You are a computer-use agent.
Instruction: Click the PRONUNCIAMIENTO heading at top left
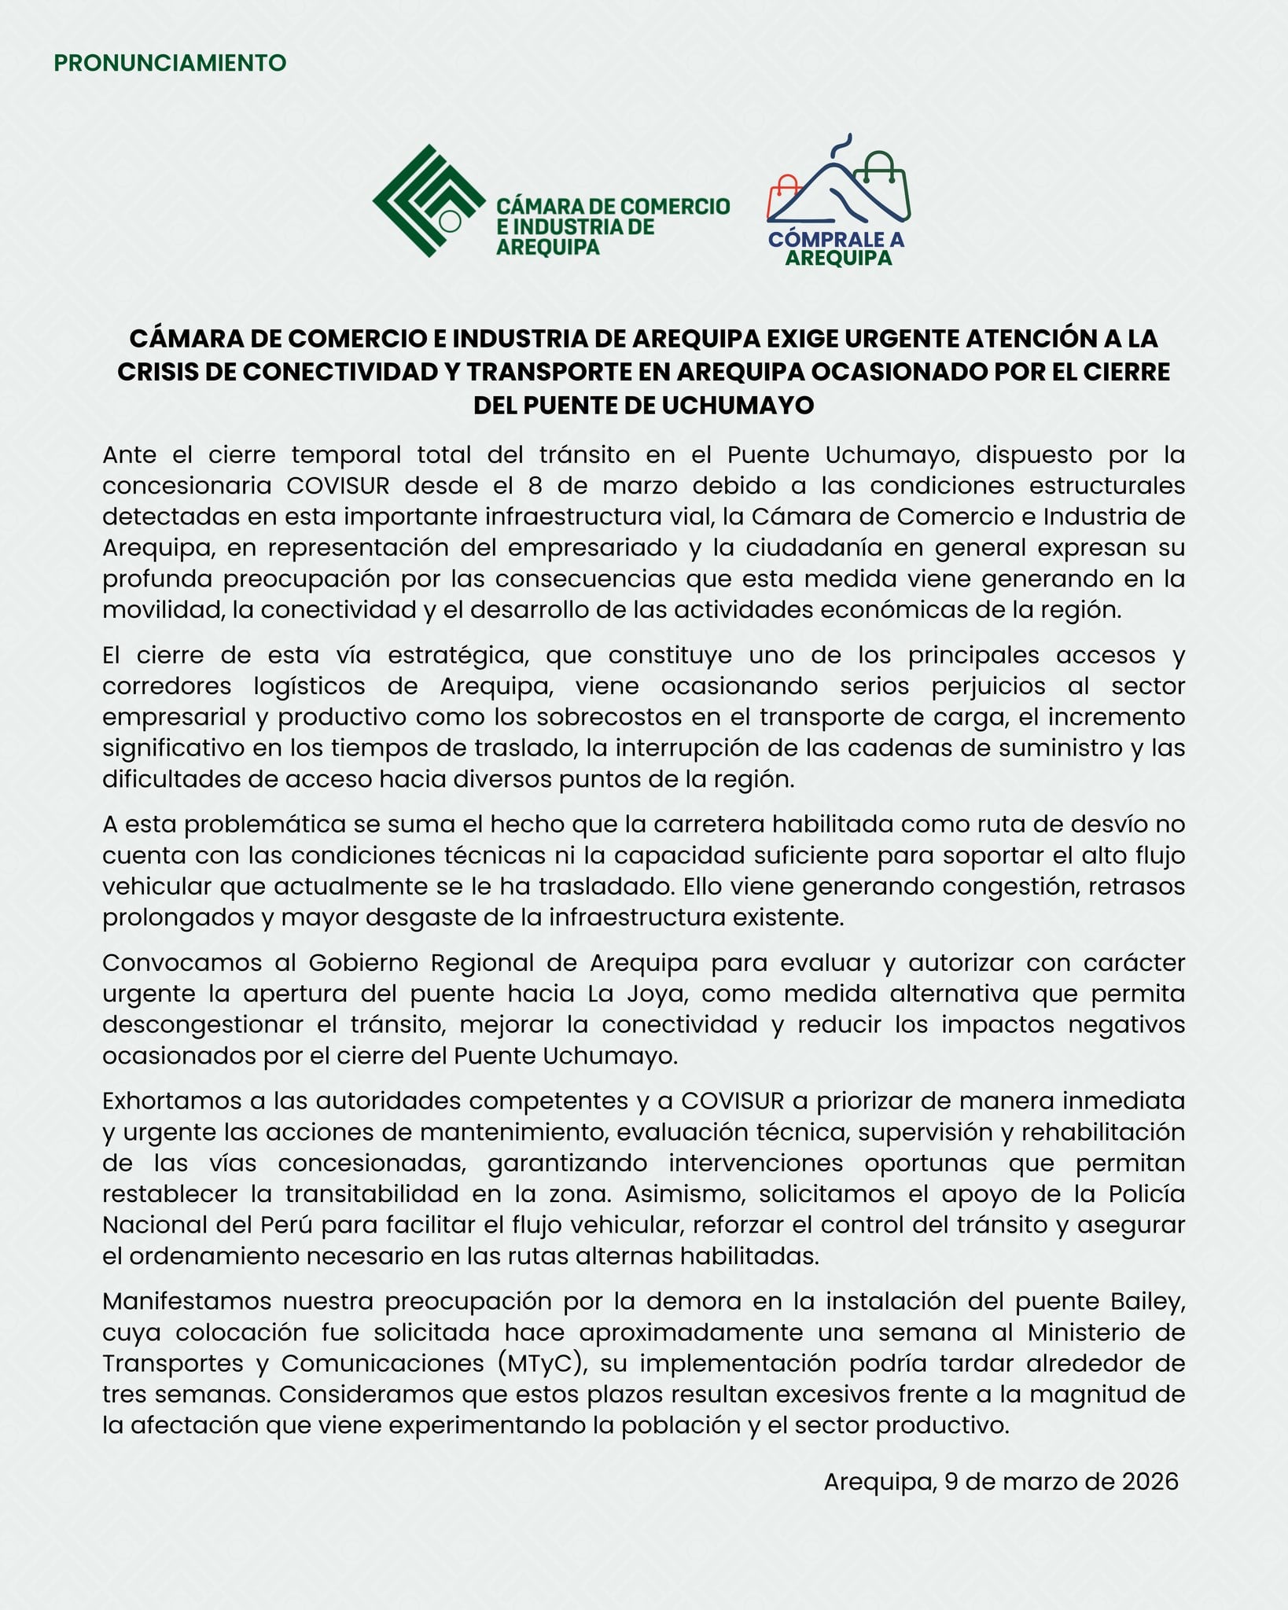pyautogui.click(x=170, y=63)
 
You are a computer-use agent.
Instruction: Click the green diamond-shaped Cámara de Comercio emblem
pyautogui.click(x=429, y=200)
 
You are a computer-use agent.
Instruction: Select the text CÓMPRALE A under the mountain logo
pyautogui.click(x=837, y=239)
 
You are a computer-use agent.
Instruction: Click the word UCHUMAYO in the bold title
pyautogui.click(x=737, y=405)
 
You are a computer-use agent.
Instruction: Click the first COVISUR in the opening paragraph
pyautogui.click(x=337, y=485)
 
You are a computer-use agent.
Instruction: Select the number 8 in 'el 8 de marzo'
pyautogui.click(x=535, y=485)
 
